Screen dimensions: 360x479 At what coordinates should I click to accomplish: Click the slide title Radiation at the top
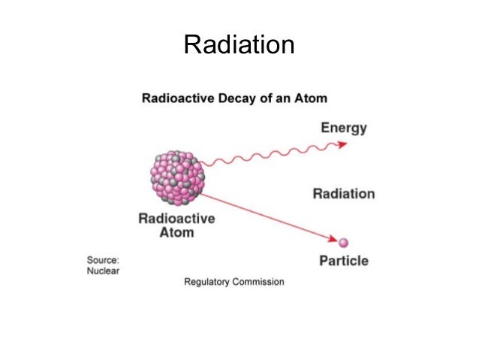tap(239, 46)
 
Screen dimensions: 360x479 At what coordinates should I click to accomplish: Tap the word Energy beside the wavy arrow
tap(344, 127)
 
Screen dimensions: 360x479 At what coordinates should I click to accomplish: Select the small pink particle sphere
tap(344, 243)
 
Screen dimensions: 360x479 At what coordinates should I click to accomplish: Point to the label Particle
tap(344, 261)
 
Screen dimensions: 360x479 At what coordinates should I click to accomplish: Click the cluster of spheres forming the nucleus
tap(177, 178)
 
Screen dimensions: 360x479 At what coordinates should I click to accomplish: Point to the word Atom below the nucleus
tap(176, 232)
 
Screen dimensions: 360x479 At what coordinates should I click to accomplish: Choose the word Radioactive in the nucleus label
tap(176, 219)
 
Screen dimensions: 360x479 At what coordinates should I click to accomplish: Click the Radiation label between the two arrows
tap(343, 193)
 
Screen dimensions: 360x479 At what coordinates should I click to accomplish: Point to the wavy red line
tap(270, 157)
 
